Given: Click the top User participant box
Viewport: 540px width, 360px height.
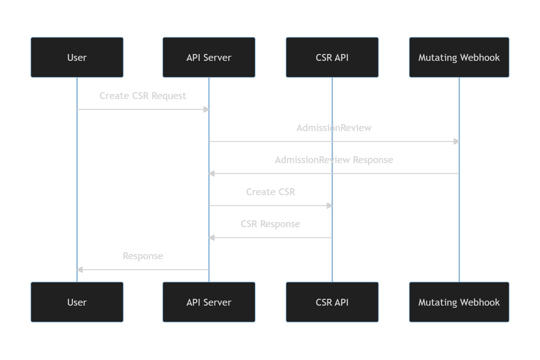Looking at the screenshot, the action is coord(77,57).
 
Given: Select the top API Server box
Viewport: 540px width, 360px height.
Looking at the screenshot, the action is coord(209,57).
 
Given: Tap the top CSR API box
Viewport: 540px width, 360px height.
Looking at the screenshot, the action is coord(332,57).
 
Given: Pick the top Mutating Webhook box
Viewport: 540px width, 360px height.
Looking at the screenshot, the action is coord(459,57).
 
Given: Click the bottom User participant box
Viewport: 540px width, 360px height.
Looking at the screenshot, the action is coord(77,302).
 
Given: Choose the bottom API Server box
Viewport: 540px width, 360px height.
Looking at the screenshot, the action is coord(209,302).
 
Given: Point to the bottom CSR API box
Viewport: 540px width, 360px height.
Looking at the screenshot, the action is coord(332,302).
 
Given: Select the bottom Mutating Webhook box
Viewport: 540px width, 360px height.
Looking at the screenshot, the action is coord(459,302).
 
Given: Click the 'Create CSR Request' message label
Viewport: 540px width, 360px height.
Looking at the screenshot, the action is coord(143,96).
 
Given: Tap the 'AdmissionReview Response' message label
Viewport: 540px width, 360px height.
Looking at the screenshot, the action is coord(334,160).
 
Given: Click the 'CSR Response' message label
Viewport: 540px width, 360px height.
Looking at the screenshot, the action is coord(270,224).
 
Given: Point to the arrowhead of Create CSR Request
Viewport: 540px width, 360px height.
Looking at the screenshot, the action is coord(206,109).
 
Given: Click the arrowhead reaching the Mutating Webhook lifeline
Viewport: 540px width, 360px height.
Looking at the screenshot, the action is coord(456,141).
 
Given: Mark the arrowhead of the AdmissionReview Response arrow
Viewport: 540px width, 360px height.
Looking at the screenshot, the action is coord(211,174).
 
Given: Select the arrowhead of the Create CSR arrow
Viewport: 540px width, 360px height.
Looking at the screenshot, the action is coord(329,206).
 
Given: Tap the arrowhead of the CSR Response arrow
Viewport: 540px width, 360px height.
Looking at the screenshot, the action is coord(211,238).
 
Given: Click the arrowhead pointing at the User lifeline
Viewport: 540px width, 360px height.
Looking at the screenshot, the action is coord(80,270).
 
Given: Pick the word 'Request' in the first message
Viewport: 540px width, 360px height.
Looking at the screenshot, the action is coord(169,96).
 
